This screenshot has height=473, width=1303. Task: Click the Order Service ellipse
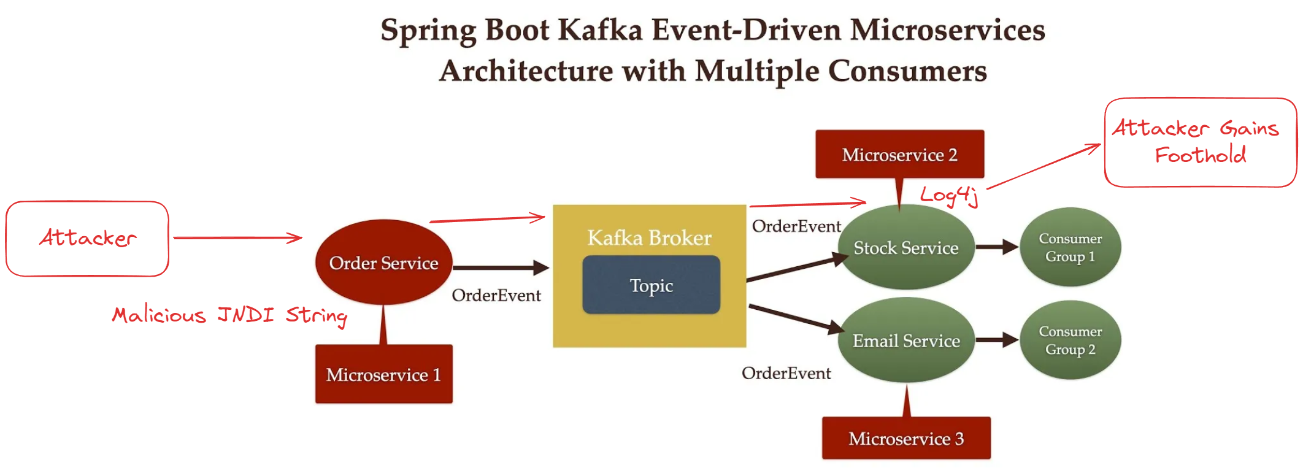[x=383, y=263]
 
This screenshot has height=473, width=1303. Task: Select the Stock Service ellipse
[x=906, y=248]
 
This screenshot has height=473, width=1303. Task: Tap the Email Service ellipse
[x=906, y=340]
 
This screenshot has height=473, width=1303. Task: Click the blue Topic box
[x=651, y=285]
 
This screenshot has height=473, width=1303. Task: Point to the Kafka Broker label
[x=649, y=237]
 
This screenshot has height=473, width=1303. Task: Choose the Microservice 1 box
[x=383, y=374]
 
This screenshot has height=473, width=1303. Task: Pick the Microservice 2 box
[x=899, y=155]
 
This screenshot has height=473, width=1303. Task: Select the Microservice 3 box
[x=906, y=438]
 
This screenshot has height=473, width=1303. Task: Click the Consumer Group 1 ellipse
[x=1070, y=247]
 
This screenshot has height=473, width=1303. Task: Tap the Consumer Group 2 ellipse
[x=1070, y=340]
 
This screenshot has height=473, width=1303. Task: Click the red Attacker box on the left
[x=88, y=238]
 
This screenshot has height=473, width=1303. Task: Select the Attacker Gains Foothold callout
[x=1200, y=142]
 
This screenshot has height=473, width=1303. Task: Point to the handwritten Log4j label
[x=948, y=195]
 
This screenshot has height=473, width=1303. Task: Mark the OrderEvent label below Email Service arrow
[x=786, y=373]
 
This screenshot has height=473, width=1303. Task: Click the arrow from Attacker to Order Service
[x=237, y=238]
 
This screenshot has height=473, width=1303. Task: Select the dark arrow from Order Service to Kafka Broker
[x=500, y=267]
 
